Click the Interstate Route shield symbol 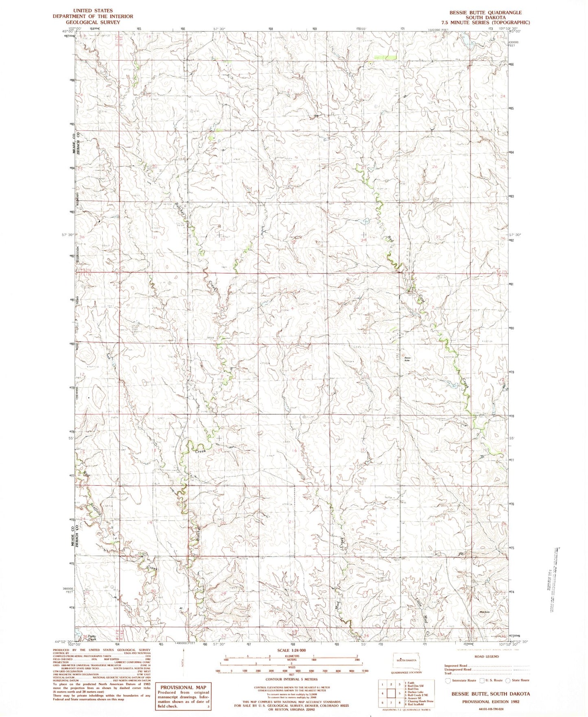448,680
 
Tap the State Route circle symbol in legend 508,680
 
